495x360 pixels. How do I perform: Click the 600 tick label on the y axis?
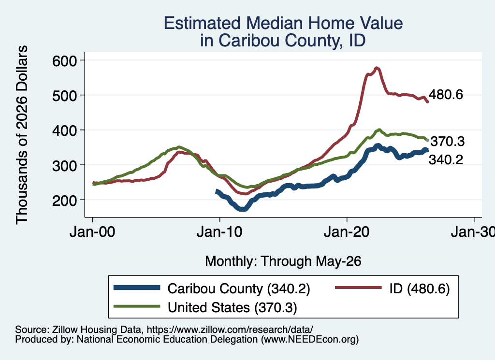64,60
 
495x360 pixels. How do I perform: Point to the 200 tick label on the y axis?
64,201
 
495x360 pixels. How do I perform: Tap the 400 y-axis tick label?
64,130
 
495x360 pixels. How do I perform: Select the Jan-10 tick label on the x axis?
219,232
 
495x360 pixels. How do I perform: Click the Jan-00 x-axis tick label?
92,232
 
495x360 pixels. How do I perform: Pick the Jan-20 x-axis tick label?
347,232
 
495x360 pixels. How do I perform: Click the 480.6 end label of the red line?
446,94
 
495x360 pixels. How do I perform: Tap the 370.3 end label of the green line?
447,142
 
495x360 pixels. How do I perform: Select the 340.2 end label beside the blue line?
446,159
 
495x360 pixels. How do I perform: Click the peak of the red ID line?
376,68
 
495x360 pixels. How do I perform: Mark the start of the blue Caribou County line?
217,191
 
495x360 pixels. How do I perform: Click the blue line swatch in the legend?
137,288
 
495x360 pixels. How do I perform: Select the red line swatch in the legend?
358,288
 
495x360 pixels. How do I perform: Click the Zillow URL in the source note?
230,330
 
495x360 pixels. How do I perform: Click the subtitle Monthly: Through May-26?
283,261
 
